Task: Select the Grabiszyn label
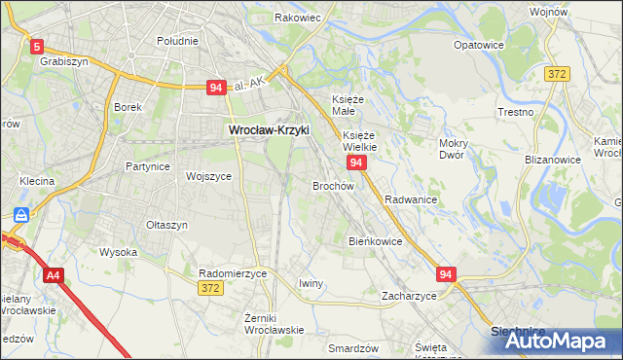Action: (64, 60)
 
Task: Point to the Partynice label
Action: (148, 166)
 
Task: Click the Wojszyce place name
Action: (208, 176)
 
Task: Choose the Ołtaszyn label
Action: (165, 224)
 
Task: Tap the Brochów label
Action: (332, 185)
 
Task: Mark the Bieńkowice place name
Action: (376, 240)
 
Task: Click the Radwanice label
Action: (410, 198)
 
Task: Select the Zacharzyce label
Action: (409, 295)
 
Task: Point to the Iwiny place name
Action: (311, 283)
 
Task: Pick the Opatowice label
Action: (479, 45)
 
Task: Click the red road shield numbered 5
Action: (37, 46)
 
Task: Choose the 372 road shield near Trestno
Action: (558, 74)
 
